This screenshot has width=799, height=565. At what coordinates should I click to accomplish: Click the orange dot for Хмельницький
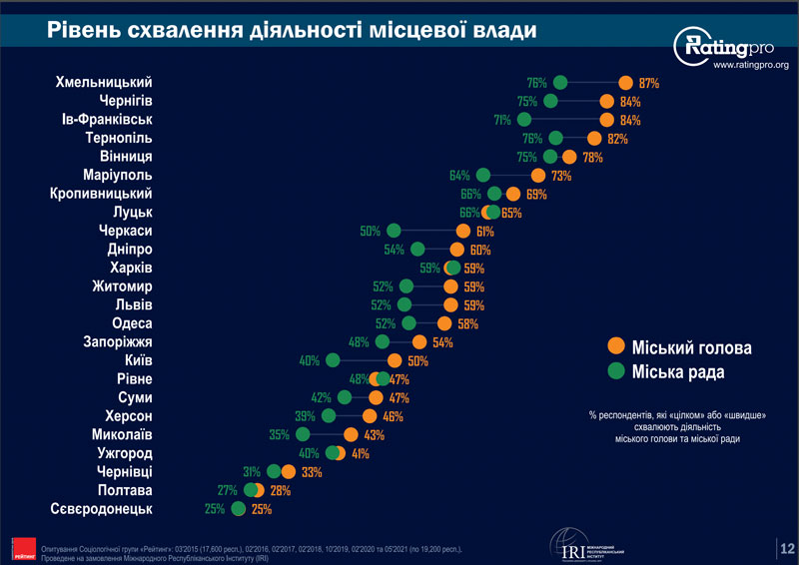625,83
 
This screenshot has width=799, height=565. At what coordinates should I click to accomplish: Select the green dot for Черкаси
394,231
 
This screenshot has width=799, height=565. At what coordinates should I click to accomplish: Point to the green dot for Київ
337,360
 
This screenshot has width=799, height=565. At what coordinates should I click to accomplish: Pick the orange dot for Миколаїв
351,434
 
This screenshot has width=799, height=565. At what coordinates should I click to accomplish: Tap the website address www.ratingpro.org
750,66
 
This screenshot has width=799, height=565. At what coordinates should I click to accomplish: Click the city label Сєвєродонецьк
101,509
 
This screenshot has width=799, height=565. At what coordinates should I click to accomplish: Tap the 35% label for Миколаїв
281,434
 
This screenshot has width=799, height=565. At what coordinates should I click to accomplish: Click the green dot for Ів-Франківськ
524,120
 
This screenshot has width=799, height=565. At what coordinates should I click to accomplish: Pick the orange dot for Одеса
444,323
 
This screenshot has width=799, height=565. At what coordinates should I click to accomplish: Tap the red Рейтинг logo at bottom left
19,546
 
